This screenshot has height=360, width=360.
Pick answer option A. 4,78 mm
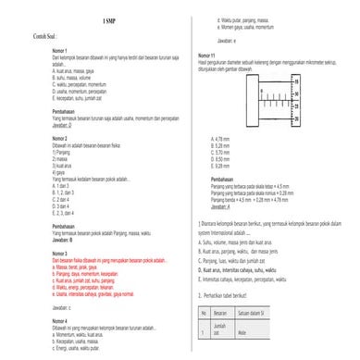coord(220,137)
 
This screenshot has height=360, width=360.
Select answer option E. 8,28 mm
coord(220,164)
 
